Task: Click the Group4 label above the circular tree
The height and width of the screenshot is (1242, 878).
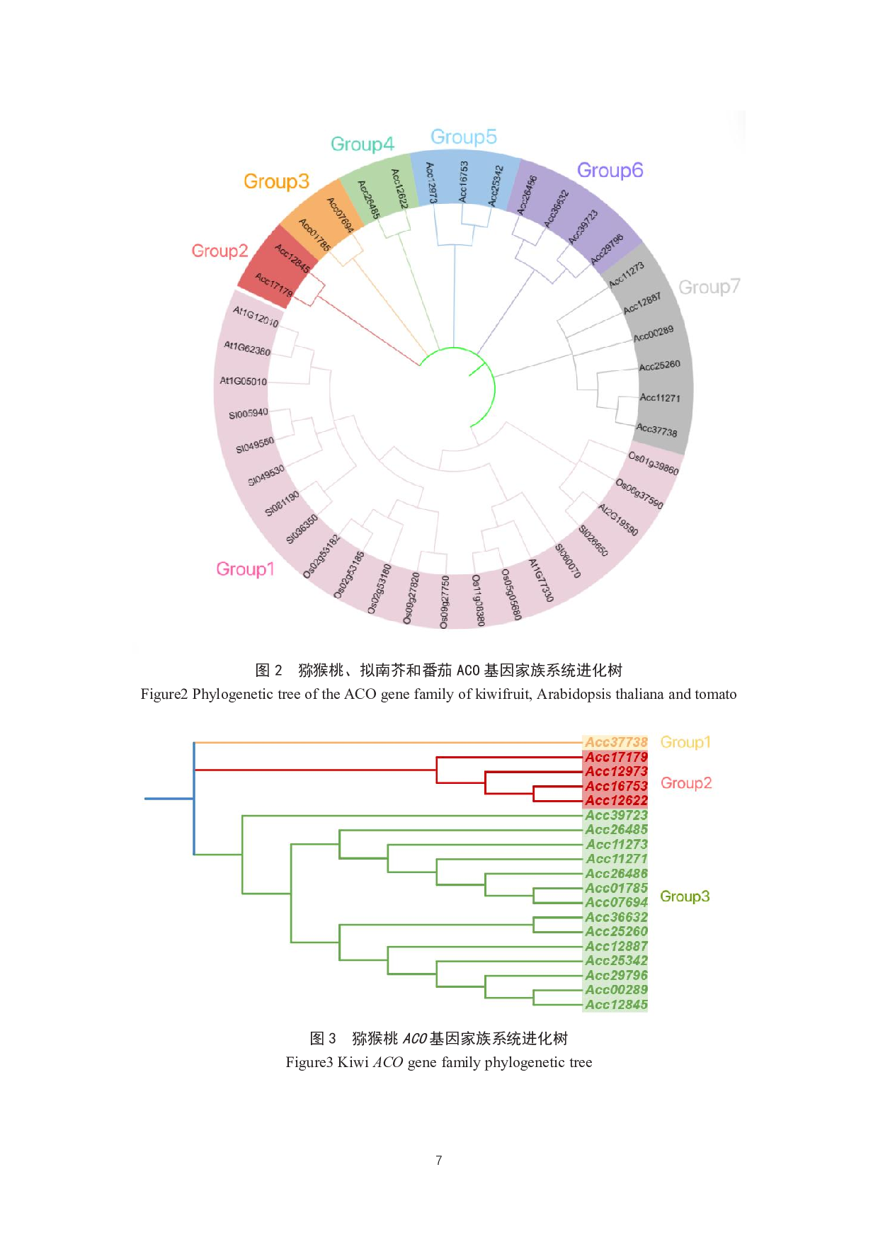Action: click(362, 144)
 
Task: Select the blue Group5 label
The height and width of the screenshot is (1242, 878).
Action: click(463, 137)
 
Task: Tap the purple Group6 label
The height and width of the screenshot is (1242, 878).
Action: click(610, 171)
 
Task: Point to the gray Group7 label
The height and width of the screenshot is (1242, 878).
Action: click(709, 287)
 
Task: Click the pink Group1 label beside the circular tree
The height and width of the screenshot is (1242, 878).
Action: click(245, 569)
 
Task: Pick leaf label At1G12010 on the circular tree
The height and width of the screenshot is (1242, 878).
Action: click(256, 317)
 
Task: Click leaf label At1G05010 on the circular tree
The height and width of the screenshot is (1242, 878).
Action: click(243, 381)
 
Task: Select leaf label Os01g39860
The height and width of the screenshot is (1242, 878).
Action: click(654, 464)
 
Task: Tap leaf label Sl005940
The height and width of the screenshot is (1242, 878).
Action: click(248, 414)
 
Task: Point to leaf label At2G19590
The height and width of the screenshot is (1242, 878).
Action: click(618, 520)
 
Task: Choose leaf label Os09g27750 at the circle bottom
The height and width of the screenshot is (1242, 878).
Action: click(444, 602)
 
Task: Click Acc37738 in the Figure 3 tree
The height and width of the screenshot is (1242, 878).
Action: click(616, 742)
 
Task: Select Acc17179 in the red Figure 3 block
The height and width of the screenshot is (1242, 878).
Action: click(616, 757)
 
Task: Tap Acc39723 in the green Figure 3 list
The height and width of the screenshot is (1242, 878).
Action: click(616, 815)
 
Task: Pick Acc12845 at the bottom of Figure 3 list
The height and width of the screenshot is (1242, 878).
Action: click(616, 1004)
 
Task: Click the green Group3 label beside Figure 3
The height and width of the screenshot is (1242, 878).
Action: click(685, 896)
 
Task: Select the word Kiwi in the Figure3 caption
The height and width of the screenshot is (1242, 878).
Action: click(353, 1062)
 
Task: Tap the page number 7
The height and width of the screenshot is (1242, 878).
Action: click(439, 1160)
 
